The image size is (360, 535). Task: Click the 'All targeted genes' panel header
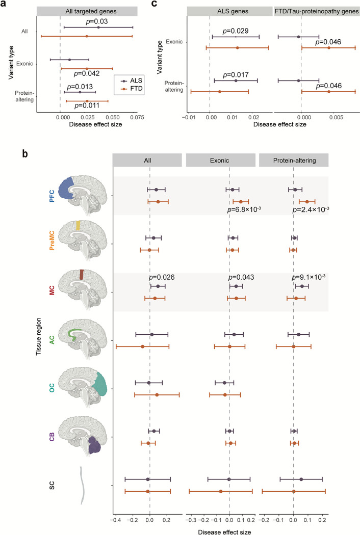click(x=87, y=11)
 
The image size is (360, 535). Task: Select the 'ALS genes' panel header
click(x=229, y=11)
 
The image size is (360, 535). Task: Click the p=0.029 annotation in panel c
click(x=235, y=31)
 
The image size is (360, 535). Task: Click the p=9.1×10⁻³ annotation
click(x=310, y=278)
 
